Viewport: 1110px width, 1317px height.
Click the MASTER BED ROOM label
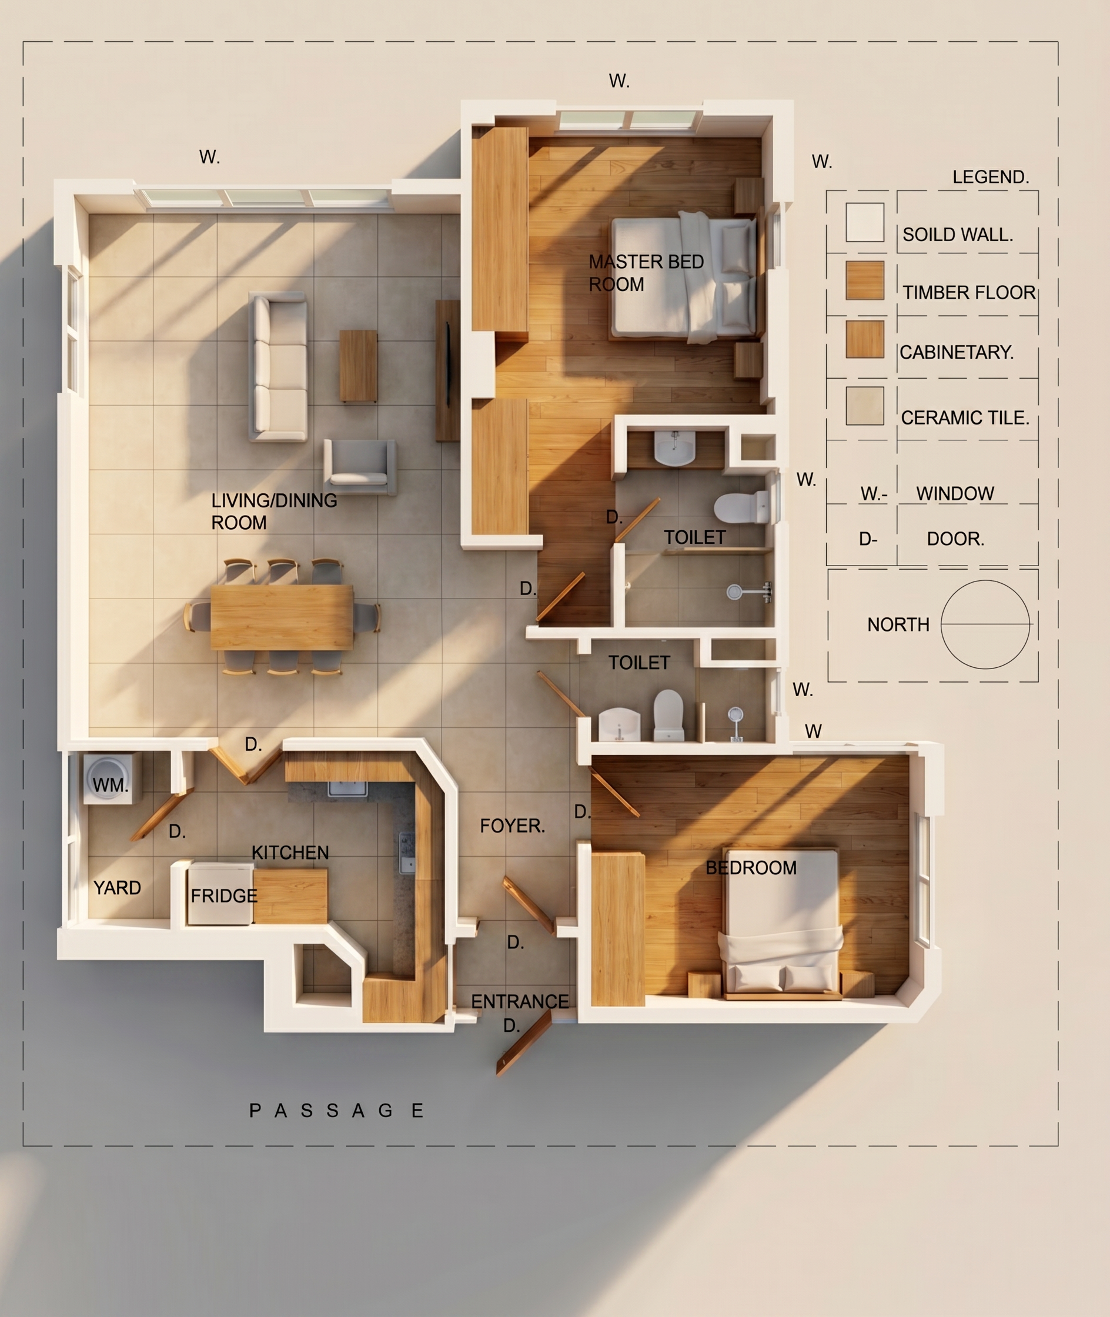[x=646, y=272]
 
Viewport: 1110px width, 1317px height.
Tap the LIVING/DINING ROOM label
[x=274, y=511]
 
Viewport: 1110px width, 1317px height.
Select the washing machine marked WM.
[x=108, y=778]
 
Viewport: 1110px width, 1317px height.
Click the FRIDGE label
[x=224, y=895]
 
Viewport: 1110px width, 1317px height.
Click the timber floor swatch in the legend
[x=865, y=280]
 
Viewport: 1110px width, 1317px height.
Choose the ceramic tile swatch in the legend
[x=865, y=406]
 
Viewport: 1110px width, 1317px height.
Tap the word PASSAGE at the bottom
[x=337, y=1111]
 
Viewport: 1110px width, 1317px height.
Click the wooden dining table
[x=282, y=617]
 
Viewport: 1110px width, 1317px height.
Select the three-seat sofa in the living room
[x=278, y=367]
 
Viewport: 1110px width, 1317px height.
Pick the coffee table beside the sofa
[x=358, y=366]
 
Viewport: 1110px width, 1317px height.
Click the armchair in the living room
[x=359, y=466]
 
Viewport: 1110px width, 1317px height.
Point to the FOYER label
[x=512, y=825]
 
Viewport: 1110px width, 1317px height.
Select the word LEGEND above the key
[x=991, y=177]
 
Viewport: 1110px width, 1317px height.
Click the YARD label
[x=117, y=888]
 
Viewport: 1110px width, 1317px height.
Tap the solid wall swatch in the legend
[x=865, y=222]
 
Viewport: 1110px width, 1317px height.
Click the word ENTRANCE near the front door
[x=520, y=1001]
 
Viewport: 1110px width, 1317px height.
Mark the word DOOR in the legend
[x=955, y=539]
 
